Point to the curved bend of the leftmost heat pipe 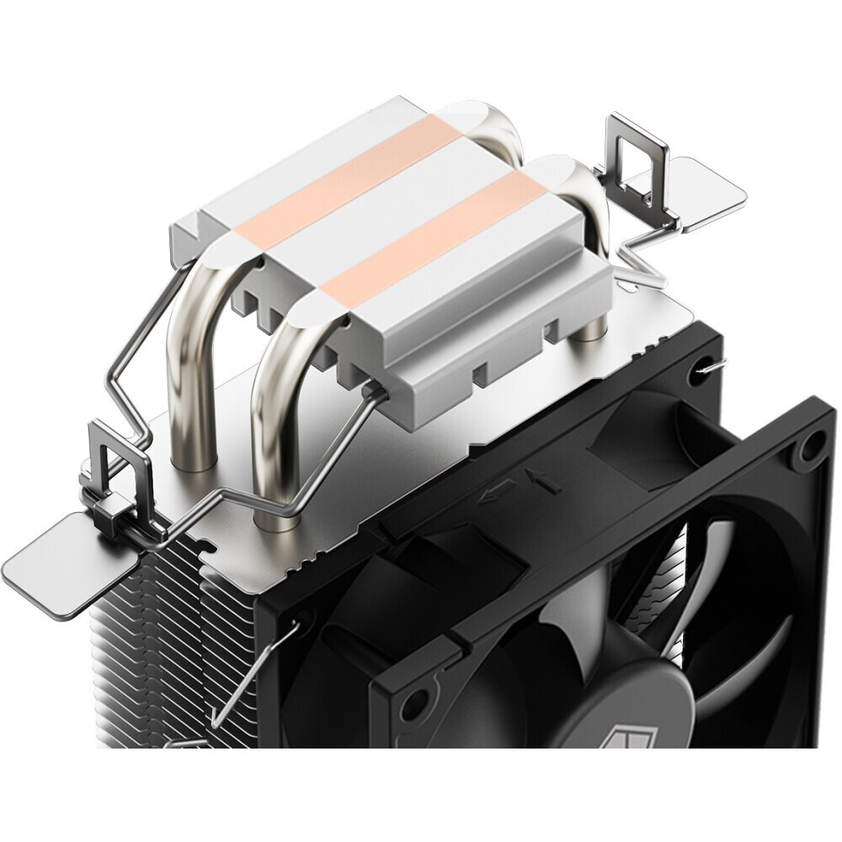coord(189,295)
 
